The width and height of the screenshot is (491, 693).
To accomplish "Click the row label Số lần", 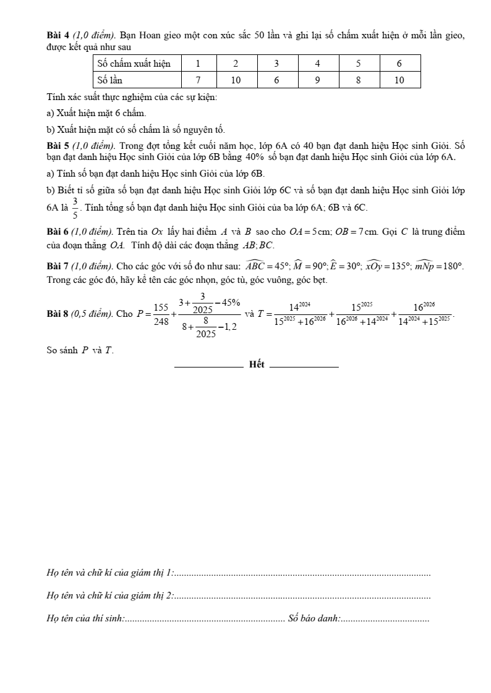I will [x=110, y=80].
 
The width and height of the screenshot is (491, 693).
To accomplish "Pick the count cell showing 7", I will [x=199, y=80].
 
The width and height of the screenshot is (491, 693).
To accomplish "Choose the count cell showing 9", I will [x=317, y=80].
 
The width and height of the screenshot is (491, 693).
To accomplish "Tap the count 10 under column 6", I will [x=399, y=80].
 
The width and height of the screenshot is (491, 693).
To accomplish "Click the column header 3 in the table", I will [x=276, y=63].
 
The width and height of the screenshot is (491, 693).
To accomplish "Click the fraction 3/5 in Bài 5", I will [x=75, y=208].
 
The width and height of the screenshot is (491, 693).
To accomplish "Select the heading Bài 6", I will [x=59, y=232].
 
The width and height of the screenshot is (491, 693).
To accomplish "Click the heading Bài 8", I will [x=59, y=314].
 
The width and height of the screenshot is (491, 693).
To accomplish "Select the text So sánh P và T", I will [x=80, y=350].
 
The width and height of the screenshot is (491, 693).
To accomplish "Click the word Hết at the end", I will [x=257, y=364].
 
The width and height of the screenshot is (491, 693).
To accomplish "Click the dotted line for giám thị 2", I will [x=302, y=596].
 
